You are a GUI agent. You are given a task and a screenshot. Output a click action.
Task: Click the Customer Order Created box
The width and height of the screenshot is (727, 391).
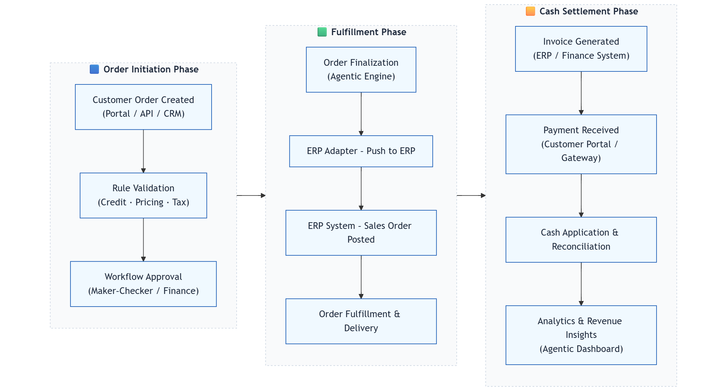click(x=143, y=107)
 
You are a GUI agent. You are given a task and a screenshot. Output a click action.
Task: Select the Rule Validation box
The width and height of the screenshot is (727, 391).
click(x=143, y=195)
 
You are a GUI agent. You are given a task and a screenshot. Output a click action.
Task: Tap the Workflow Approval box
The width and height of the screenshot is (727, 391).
click(x=143, y=284)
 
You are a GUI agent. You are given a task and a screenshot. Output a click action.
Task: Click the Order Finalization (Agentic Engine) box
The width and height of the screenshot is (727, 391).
click(x=361, y=70)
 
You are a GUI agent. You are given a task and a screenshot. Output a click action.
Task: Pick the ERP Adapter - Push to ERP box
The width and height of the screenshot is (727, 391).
click(x=361, y=151)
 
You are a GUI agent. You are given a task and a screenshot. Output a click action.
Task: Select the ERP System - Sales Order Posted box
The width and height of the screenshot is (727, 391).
click(x=361, y=233)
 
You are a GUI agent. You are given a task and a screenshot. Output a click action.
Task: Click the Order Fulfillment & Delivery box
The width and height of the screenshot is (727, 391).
click(x=361, y=321)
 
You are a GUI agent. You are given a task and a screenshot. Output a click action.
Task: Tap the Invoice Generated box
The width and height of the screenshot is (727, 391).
click(x=581, y=49)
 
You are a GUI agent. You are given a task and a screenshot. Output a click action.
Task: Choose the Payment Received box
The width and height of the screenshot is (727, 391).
click(x=581, y=144)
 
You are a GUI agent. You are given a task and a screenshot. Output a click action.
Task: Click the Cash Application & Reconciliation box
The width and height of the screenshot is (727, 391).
click(x=581, y=239)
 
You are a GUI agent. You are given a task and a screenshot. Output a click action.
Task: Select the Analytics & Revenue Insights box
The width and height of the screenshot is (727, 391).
click(x=581, y=335)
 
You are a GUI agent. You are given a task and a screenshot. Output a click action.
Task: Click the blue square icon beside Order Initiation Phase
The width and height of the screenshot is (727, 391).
click(x=94, y=69)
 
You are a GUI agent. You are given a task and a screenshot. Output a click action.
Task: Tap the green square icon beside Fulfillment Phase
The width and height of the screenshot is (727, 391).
click(x=322, y=32)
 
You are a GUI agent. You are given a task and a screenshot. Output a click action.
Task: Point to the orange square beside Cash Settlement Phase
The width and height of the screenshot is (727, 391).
click(x=530, y=11)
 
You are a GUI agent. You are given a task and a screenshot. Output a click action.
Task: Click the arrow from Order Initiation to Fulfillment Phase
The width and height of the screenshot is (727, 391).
click(x=251, y=195)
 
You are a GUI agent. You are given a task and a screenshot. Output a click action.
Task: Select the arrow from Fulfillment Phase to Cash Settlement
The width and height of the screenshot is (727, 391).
click(x=471, y=195)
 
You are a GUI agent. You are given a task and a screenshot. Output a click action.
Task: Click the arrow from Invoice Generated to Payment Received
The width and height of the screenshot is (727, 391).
click(x=581, y=93)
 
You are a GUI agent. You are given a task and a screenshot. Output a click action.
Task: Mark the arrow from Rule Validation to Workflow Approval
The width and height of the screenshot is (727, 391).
click(x=143, y=240)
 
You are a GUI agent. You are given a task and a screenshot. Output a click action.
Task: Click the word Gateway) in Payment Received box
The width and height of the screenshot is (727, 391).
click(x=581, y=158)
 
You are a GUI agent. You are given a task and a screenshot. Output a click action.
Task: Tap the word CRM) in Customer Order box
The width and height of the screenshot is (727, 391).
click(x=174, y=114)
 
